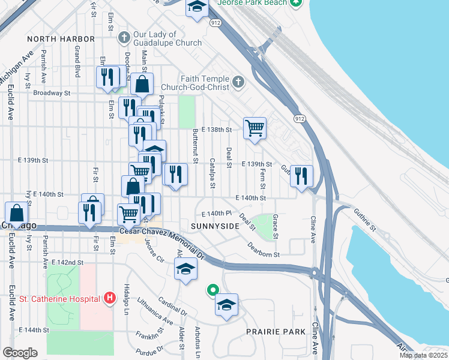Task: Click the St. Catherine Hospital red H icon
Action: click(x=109, y=298)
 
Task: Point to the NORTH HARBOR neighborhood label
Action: click(x=61, y=39)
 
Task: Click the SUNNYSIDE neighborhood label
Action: click(x=214, y=226)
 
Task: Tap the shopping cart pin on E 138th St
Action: click(x=255, y=128)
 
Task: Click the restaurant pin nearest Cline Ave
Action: click(x=301, y=176)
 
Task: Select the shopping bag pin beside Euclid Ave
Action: click(x=17, y=213)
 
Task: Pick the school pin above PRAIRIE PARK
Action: click(x=226, y=305)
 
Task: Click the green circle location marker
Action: click(x=212, y=290)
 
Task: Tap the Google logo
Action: click(x=20, y=353)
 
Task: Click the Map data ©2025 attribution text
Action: click(x=423, y=355)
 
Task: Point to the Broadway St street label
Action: click(x=52, y=93)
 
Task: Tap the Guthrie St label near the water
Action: click(x=364, y=219)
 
